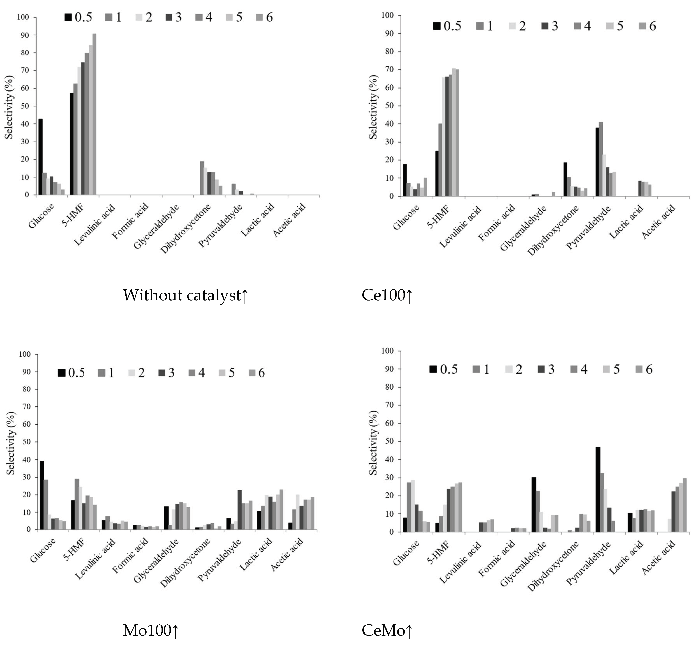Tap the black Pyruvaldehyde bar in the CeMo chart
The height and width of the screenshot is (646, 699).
pyautogui.click(x=598, y=489)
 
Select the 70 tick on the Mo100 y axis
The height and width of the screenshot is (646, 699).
pyautogui.click(x=27, y=407)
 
